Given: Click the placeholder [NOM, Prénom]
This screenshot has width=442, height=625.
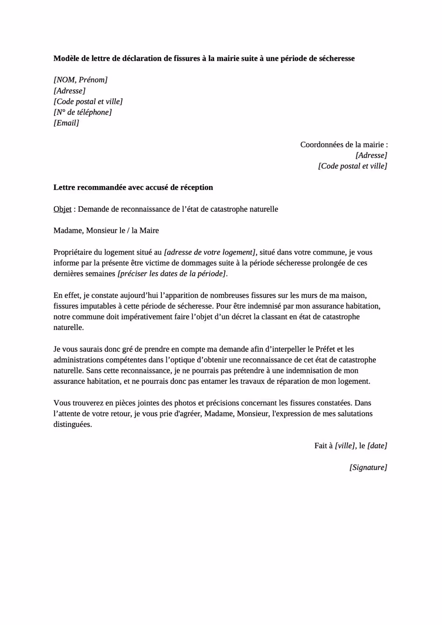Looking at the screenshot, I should [x=80, y=80].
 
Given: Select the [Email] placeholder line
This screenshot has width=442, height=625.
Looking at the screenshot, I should [x=66, y=123].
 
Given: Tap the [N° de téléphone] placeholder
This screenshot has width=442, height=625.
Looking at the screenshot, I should [x=83, y=112].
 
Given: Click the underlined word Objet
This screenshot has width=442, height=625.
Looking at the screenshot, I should [x=62, y=209].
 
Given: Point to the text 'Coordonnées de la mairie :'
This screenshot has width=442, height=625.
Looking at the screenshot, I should [x=344, y=145].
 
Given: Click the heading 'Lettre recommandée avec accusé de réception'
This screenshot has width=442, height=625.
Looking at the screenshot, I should [x=133, y=188].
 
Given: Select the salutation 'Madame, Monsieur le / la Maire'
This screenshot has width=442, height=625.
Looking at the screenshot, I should [x=106, y=231].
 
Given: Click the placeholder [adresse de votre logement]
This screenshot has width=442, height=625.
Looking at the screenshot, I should [x=210, y=253].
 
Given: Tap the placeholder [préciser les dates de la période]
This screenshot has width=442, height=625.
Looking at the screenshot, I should [x=172, y=274].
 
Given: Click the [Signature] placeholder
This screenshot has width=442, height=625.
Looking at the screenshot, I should [x=368, y=468].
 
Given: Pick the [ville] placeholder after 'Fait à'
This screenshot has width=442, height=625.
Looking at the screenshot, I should [x=345, y=446].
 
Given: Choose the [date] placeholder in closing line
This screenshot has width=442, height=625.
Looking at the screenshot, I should [x=377, y=446].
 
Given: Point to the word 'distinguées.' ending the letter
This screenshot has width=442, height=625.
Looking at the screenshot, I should [x=73, y=424].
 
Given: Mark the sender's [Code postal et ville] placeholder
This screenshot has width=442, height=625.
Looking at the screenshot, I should [x=88, y=101].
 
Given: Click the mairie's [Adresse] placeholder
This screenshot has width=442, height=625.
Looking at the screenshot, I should [x=371, y=155].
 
